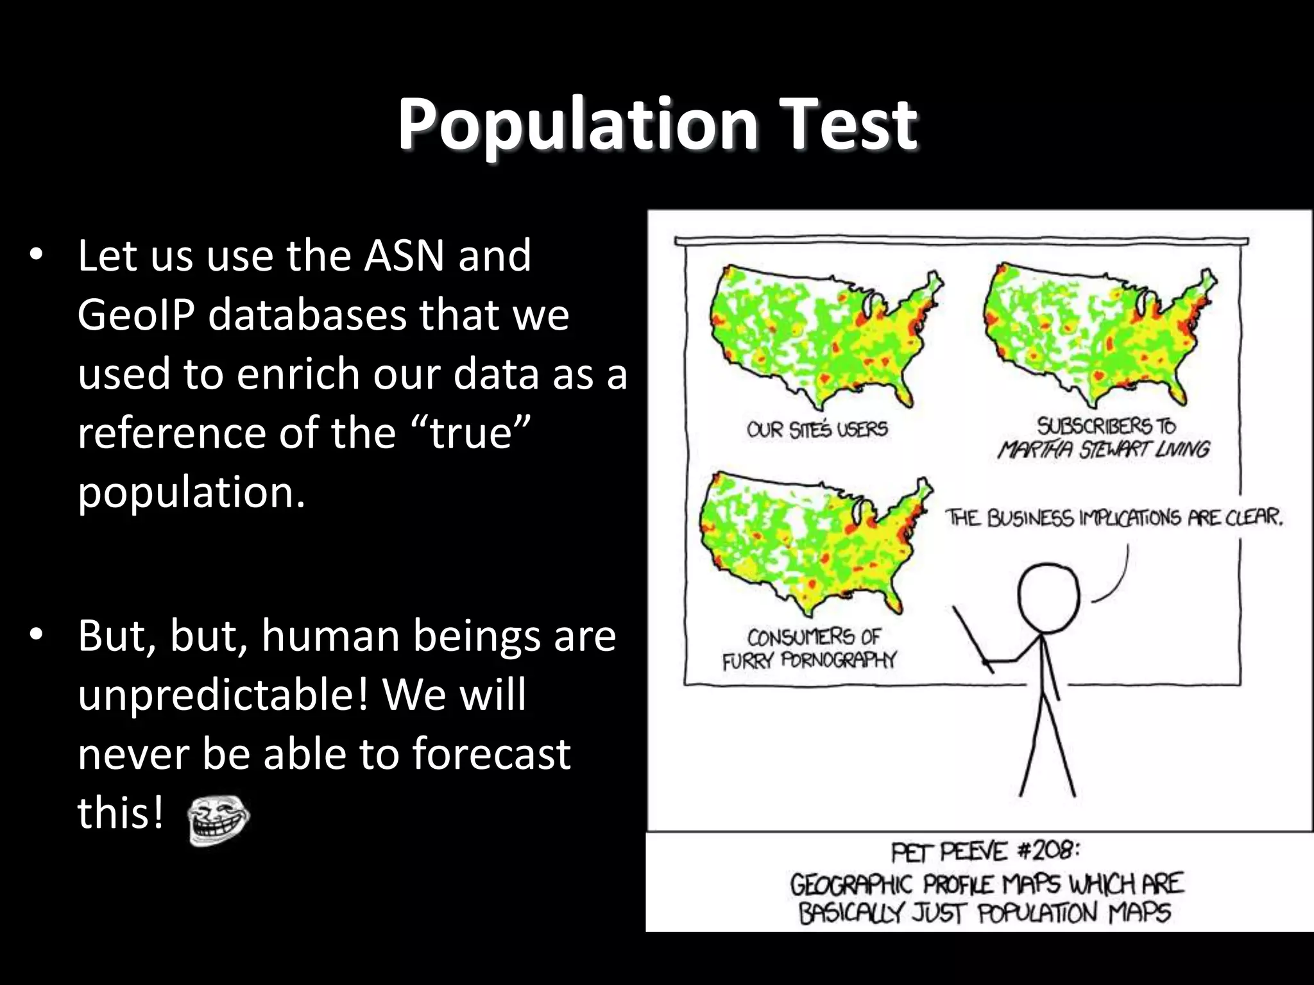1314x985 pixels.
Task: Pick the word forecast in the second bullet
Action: pyautogui.click(x=491, y=754)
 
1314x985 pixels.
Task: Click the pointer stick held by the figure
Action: pyautogui.click(x=973, y=639)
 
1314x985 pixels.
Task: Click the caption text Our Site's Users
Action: pyautogui.click(x=817, y=429)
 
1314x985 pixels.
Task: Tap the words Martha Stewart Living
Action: pyautogui.click(x=1103, y=449)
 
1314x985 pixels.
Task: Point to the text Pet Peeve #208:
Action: pyautogui.click(x=985, y=852)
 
